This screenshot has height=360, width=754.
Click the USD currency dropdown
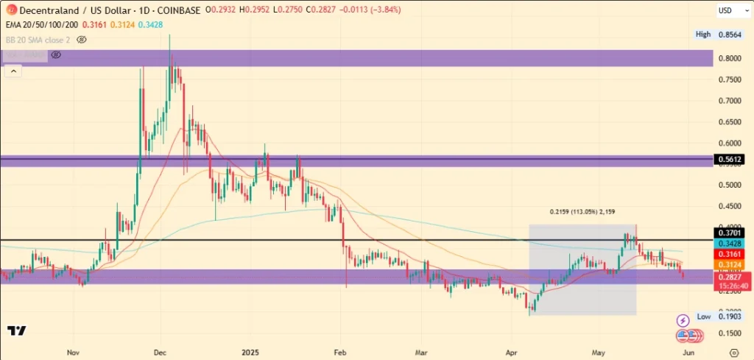tap(730, 11)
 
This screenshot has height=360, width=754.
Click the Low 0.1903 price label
tap(714, 317)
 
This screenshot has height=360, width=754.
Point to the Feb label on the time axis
tap(339, 352)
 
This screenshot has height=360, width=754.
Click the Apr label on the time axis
tap(512, 352)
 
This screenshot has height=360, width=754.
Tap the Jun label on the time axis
tap(686, 352)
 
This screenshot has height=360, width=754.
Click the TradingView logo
tap(17, 331)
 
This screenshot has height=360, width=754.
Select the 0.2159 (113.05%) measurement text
tap(582, 211)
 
